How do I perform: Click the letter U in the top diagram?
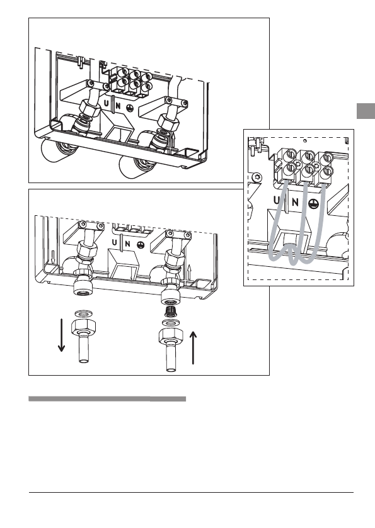click(107, 104)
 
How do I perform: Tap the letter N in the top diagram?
click(118, 105)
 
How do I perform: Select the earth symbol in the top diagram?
click(130, 108)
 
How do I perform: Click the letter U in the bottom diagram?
click(115, 242)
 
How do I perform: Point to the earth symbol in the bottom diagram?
click(141, 245)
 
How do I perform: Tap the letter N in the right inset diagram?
click(295, 202)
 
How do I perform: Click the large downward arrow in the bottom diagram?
click(61, 335)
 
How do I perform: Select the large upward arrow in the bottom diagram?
click(193, 347)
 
